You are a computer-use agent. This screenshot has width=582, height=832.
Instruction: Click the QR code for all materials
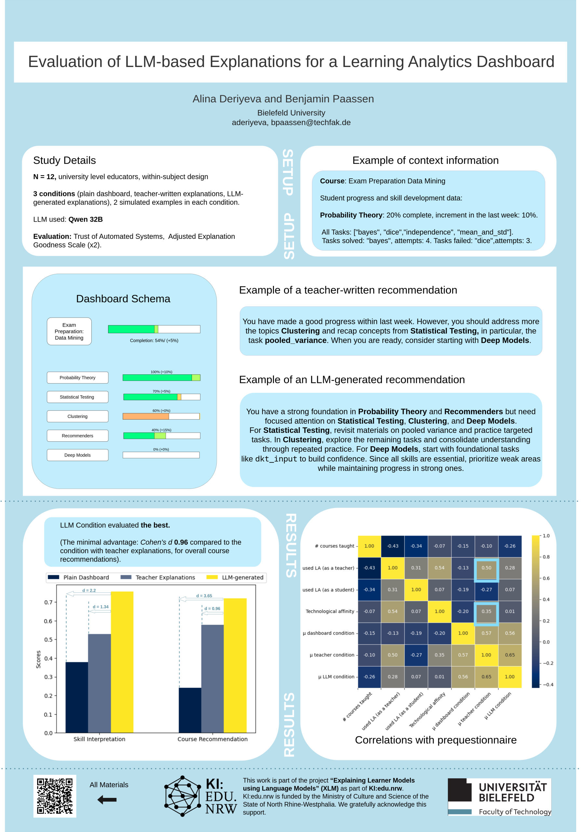point(55,796)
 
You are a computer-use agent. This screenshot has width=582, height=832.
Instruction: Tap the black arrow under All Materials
point(107,799)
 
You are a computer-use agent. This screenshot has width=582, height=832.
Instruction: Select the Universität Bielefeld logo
point(499,797)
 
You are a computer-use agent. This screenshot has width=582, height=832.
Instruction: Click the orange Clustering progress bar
point(146,416)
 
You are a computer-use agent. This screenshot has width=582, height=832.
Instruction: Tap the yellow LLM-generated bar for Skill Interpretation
point(122,662)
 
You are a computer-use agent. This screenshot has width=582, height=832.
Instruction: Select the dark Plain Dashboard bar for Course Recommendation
point(190,710)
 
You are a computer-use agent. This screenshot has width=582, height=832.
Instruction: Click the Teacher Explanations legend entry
point(158,577)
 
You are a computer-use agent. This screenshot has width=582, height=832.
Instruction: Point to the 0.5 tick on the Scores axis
point(48,640)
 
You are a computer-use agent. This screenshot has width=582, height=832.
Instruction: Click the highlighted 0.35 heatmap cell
point(486,611)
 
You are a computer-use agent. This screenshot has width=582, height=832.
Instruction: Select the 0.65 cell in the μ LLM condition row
point(486,677)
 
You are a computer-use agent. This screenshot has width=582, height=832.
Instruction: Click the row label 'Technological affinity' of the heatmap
point(330,611)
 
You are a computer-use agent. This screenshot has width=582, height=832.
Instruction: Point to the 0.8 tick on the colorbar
point(546,557)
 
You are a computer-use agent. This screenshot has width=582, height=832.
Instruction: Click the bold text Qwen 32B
point(86,220)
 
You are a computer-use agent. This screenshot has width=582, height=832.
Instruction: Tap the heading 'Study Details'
point(64,161)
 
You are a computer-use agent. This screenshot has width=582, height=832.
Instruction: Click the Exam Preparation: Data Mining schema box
point(69,331)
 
